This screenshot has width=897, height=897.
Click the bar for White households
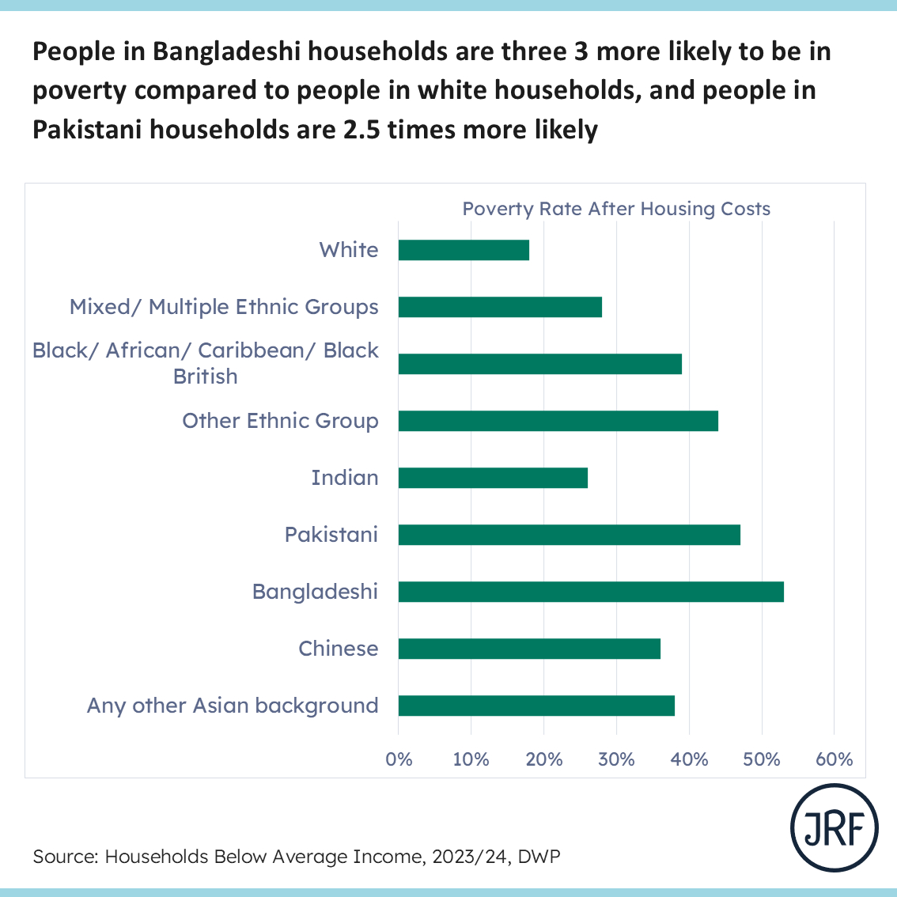(x=464, y=250)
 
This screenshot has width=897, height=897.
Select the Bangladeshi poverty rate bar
(x=591, y=592)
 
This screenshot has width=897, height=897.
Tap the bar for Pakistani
(x=570, y=535)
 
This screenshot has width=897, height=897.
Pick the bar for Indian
(x=493, y=478)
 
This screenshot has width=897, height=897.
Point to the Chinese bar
(x=529, y=649)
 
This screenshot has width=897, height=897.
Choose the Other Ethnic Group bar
(x=558, y=421)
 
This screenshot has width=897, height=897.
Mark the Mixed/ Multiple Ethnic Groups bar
(x=500, y=307)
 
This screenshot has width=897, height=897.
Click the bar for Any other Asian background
(x=536, y=706)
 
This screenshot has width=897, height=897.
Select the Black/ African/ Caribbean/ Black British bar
(x=540, y=364)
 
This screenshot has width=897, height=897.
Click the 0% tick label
(x=399, y=760)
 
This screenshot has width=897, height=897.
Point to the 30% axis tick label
(x=616, y=760)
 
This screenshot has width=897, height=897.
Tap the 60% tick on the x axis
(x=834, y=760)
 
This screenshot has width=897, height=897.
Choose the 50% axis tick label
(x=762, y=760)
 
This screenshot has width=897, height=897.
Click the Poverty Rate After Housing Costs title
(x=616, y=209)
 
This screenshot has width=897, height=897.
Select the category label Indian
(x=345, y=478)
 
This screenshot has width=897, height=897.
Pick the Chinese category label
(x=339, y=649)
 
